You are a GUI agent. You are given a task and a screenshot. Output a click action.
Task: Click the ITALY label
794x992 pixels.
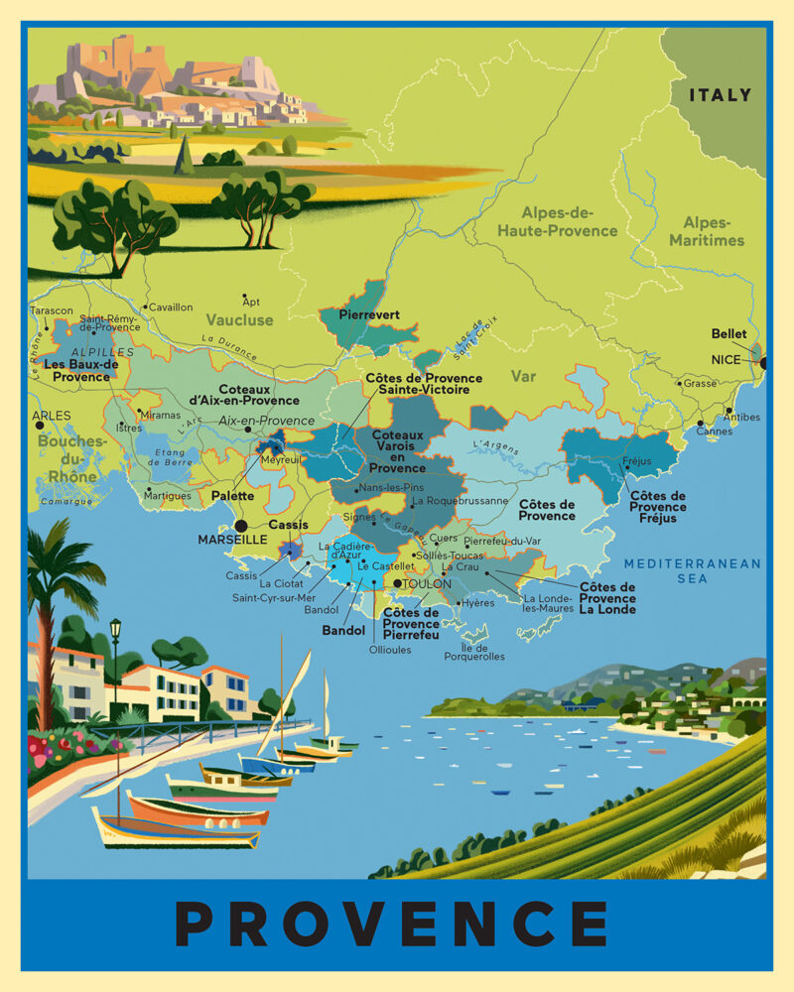721,95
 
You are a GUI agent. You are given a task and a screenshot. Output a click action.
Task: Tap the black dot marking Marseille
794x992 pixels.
240,526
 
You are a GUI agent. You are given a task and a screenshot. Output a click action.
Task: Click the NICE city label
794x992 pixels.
726,360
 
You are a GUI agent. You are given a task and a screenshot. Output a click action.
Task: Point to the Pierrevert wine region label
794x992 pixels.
369,314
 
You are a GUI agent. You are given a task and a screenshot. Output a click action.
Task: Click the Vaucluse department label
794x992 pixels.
239,320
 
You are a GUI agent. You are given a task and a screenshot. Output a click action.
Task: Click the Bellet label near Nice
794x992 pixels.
728,334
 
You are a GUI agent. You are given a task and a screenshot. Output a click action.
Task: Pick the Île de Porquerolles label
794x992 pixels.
474,651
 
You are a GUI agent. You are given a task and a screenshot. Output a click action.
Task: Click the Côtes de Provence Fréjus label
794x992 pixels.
658,506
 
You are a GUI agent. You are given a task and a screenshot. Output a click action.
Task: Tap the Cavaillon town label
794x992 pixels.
171,308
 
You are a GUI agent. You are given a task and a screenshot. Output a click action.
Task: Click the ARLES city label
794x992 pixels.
52,416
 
